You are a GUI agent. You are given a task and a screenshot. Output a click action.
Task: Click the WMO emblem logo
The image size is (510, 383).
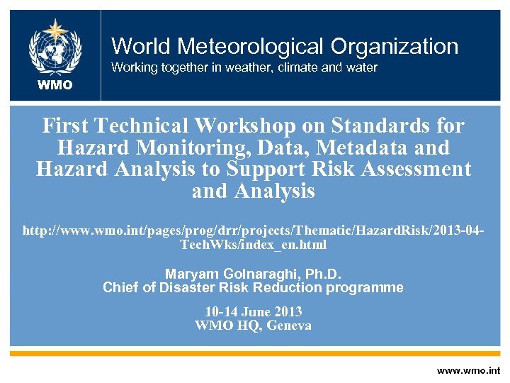coord(55,48)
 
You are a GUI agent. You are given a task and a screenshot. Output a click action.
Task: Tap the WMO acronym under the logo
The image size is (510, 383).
coord(55,85)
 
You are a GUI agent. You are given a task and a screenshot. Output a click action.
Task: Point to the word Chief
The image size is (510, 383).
coord(120,287)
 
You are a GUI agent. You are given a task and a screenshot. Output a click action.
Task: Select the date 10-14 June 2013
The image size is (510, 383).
coord(254,312)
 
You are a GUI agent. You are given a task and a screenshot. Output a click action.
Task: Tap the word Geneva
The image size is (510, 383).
coord(288,326)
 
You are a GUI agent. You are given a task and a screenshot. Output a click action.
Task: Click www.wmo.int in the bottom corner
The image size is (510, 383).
coord(468,370)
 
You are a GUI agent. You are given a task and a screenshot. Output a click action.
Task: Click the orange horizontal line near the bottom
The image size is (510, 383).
coord(255,353)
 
